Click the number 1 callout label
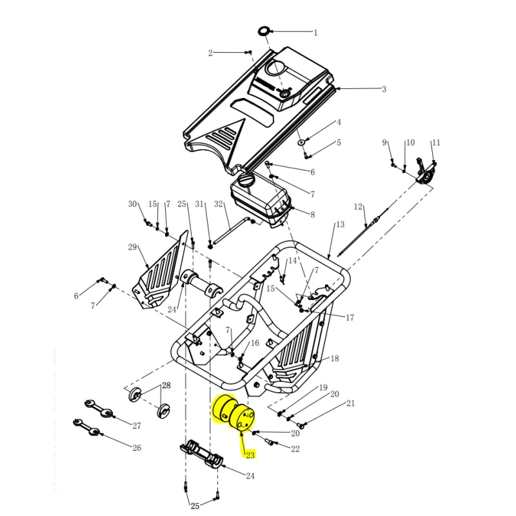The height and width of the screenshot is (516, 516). [x=315, y=32]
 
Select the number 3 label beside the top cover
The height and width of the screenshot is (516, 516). [x=384, y=89]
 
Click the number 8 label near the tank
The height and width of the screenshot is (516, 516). [x=312, y=215]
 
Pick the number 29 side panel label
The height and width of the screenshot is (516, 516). [x=133, y=247]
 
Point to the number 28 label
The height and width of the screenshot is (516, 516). [x=166, y=386]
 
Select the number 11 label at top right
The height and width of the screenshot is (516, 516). [x=436, y=143]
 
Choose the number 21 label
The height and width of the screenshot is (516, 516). [x=350, y=404]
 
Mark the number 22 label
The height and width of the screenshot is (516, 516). [x=295, y=448]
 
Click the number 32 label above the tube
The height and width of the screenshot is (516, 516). [x=218, y=204]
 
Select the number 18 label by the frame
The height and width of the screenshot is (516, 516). [x=334, y=359]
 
